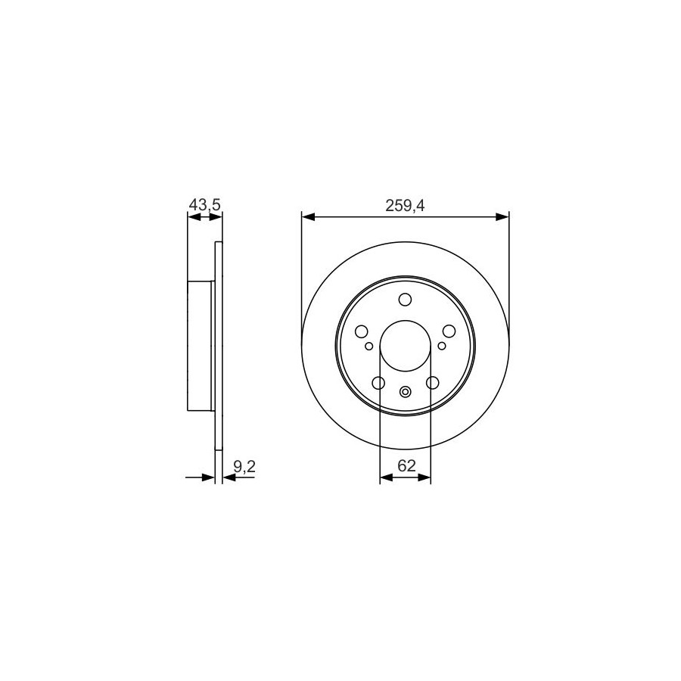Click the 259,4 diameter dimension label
[405, 205]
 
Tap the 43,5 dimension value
[205, 204]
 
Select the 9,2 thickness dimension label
[244, 466]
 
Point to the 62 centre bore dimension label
[406, 465]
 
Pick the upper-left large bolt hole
[362, 332]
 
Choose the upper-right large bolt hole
[449, 331]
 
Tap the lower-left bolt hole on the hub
[379, 383]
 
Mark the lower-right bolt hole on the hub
[433, 383]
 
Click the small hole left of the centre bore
[369, 346]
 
